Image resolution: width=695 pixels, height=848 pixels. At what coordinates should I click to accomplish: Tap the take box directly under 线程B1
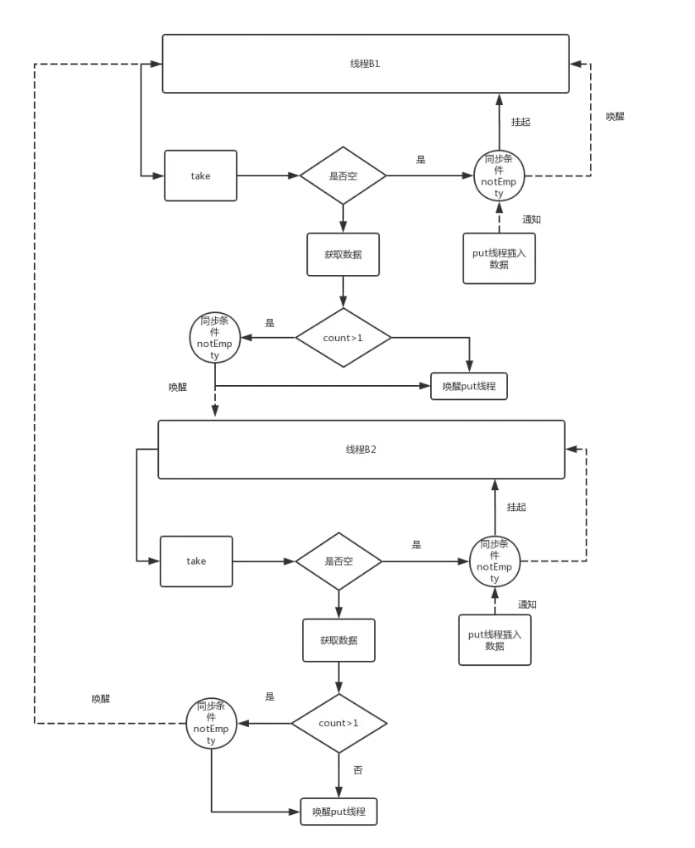(200, 176)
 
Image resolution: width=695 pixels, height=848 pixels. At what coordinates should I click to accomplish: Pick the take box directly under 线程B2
(196, 561)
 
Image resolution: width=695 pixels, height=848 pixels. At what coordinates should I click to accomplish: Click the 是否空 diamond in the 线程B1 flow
(343, 176)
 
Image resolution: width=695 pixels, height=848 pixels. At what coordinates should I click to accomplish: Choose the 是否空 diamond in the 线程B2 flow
(338, 561)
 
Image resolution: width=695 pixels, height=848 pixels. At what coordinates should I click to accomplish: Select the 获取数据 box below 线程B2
(338, 640)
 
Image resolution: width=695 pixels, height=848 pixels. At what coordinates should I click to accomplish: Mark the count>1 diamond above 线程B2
(343, 338)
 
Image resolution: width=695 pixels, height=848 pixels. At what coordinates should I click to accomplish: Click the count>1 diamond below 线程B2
(338, 723)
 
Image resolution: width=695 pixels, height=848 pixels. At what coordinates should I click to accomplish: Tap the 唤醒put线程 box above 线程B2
(468, 387)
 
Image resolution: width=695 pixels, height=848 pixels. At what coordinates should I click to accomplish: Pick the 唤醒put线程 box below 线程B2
(338, 812)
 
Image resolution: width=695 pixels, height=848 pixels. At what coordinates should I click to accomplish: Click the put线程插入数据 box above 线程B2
(499, 258)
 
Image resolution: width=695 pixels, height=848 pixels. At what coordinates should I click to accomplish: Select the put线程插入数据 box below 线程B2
(495, 640)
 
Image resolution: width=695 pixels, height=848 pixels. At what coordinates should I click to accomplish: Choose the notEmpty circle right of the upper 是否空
(499, 176)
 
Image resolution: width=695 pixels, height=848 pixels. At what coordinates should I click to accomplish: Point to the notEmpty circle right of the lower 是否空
(495, 561)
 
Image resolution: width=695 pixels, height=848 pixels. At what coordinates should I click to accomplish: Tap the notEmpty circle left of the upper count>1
(215, 337)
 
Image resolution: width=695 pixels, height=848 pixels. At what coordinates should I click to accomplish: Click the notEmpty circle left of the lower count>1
(211, 723)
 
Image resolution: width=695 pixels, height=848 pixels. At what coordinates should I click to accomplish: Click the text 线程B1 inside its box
(365, 64)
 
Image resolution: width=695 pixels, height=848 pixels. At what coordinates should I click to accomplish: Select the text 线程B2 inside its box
(362, 449)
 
